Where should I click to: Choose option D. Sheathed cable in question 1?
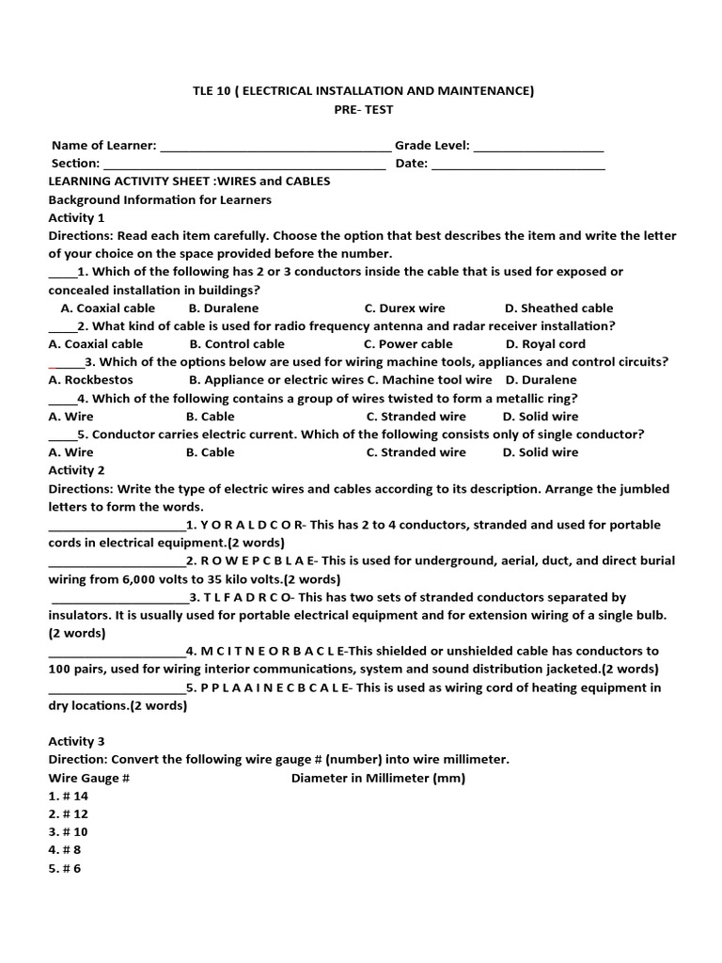558,308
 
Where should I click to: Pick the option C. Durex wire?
405,308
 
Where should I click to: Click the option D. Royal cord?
545,344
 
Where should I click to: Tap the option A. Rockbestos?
91,380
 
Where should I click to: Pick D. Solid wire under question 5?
541,452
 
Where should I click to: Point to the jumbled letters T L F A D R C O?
247,597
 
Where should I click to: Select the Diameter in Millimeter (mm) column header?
378,778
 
